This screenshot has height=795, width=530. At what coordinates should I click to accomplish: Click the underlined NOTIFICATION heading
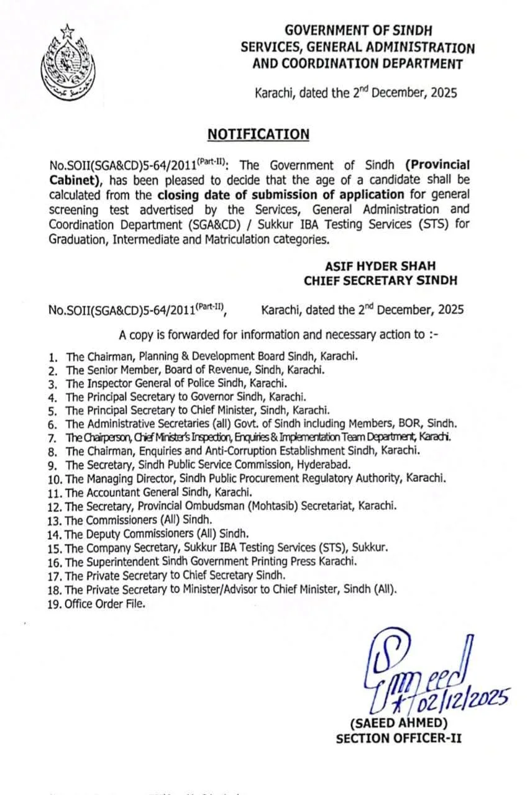[258, 134]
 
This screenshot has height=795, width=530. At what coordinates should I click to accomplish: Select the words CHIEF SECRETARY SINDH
[380, 280]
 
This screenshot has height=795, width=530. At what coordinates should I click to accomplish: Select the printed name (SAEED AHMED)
[398, 723]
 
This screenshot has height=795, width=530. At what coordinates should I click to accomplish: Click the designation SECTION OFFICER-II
[398, 738]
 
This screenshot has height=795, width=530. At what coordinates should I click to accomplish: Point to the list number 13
[55, 520]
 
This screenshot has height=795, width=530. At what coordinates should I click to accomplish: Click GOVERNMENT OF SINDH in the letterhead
[359, 30]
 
